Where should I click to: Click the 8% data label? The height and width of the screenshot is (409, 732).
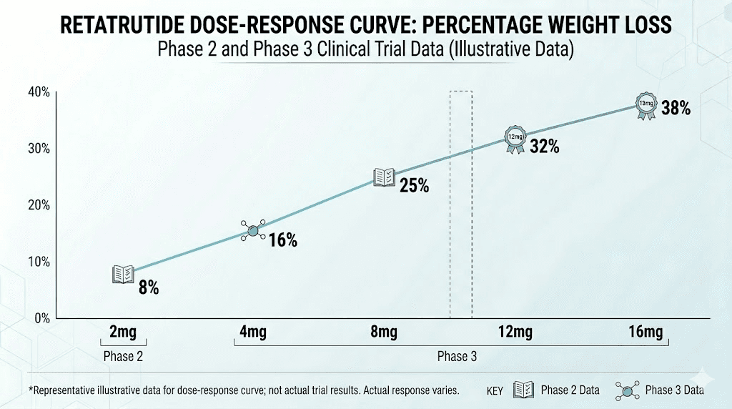(x=149, y=288)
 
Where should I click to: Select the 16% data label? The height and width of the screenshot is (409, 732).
(x=282, y=240)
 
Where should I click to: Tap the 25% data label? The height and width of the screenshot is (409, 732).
(x=414, y=186)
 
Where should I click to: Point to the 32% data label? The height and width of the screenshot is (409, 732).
(x=544, y=147)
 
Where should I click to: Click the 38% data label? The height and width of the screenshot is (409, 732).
(x=676, y=109)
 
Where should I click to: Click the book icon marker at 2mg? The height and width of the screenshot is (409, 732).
(x=123, y=274)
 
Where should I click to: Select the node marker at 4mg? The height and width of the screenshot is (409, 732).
(x=253, y=230)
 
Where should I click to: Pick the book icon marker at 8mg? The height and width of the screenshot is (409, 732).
(x=385, y=177)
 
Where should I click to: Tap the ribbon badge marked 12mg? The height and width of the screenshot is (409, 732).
(x=515, y=139)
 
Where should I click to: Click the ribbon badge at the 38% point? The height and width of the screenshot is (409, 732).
(x=646, y=105)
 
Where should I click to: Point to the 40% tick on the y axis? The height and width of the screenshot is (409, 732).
(x=39, y=92)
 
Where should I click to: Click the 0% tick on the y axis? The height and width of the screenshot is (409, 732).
(x=41, y=318)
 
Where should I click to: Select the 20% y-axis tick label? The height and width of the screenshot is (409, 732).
(x=39, y=205)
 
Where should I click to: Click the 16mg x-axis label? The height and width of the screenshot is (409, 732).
(x=646, y=332)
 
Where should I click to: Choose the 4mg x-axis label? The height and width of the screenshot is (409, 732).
(x=254, y=332)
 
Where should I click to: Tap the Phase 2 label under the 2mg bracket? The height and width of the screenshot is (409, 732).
(x=123, y=355)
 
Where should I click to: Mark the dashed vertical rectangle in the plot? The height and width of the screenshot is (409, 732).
(x=460, y=204)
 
